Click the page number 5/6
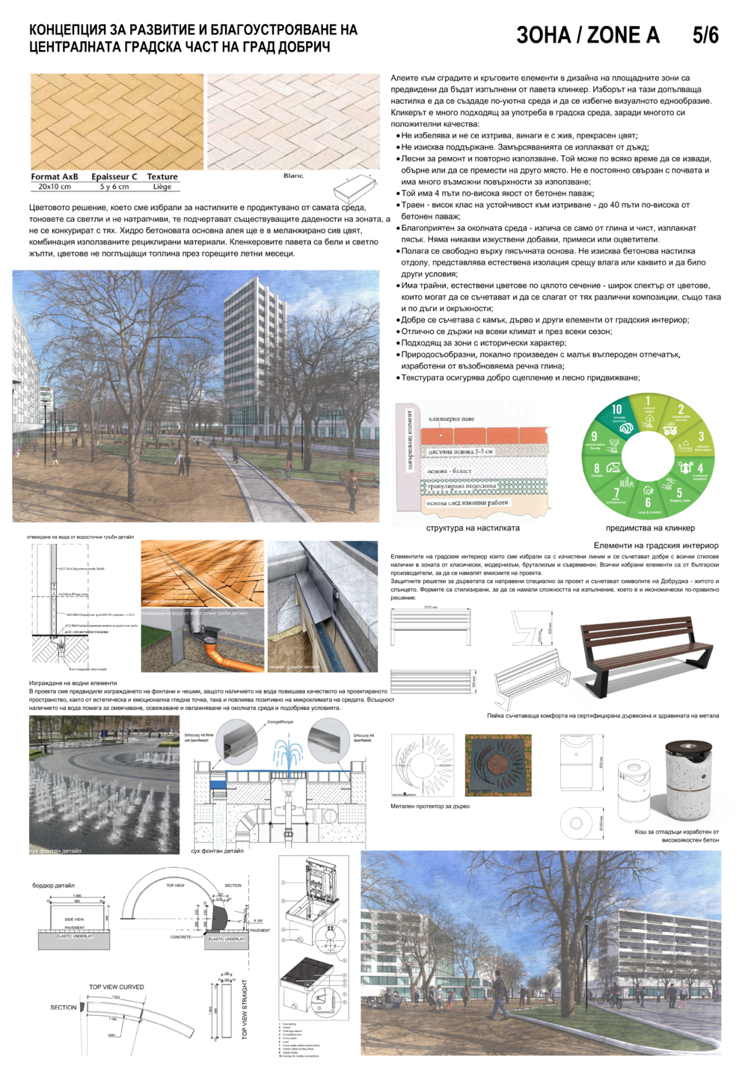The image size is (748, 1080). pyautogui.click(x=705, y=35)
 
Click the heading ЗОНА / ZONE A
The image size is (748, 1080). pyautogui.click(x=588, y=35)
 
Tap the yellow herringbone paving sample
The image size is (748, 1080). pyautogui.click(x=117, y=121)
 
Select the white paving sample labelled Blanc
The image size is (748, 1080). pyautogui.click(x=293, y=121)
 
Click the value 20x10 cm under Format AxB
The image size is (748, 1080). pyautogui.click(x=55, y=187)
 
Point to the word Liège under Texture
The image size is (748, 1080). pyautogui.click(x=162, y=187)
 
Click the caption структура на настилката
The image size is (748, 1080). pyautogui.click(x=473, y=528)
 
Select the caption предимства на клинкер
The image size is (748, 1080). pyautogui.click(x=650, y=528)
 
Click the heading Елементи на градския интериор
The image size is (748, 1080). pyautogui.click(x=656, y=546)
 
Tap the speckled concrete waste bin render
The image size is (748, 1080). pyautogui.click(x=690, y=779)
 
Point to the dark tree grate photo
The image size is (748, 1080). pyautogui.click(x=498, y=765)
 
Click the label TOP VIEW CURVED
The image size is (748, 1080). pyautogui.click(x=117, y=987)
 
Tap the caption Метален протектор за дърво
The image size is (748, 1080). pyautogui.click(x=430, y=806)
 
